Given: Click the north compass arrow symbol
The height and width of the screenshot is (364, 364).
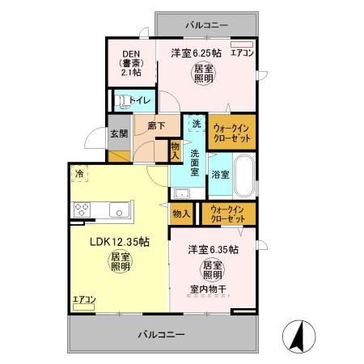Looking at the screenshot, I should pyautogui.click(x=297, y=335).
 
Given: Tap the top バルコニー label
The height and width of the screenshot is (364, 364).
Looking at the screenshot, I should pyautogui.click(x=206, y=25).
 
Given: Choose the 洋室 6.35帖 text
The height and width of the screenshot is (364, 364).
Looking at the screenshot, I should pyautogui.click(x=213, y=250).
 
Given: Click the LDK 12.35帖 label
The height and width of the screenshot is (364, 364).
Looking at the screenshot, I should pyautogui.click(x=118, y=241).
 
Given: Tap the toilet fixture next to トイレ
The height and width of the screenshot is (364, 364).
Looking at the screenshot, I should pyautogui.click(x=121, y=101).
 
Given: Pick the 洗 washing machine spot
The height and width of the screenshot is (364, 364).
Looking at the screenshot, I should pyautogui.click(x=196, y=125).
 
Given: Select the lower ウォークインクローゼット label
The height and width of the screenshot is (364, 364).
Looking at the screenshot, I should pyautogui.click(x=226, y=214).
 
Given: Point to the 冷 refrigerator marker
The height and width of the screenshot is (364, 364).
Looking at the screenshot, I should pyautogui.click(x=79, y=173).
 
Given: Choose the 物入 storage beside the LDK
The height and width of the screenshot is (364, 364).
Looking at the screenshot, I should pyautogui.click(x=181, y=214).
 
